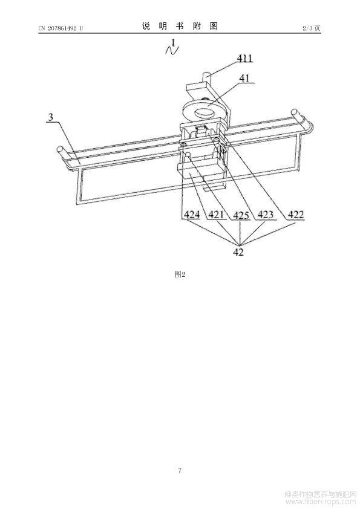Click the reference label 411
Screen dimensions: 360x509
[244, 59]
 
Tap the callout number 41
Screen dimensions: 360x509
[244, 78]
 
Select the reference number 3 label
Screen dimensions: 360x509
[51, 117]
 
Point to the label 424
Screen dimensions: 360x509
[192, 215]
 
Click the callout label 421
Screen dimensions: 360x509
[216, 215]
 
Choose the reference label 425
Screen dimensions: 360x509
[241, 215]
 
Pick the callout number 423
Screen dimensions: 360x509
[266, 215]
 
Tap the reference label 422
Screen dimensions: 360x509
[296, 215]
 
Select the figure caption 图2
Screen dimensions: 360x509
[180, 274]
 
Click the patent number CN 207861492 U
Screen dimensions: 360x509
[61, 28]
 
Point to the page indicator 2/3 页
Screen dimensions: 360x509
[311, 28]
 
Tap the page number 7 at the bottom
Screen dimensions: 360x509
[180, 470]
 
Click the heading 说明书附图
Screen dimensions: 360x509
[180, 26]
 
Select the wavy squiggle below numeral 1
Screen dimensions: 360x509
[172, 50]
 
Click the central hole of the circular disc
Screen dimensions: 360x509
[204, 112]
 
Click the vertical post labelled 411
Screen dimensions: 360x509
[208, 77]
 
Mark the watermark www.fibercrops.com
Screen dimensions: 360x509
[321, 502]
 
